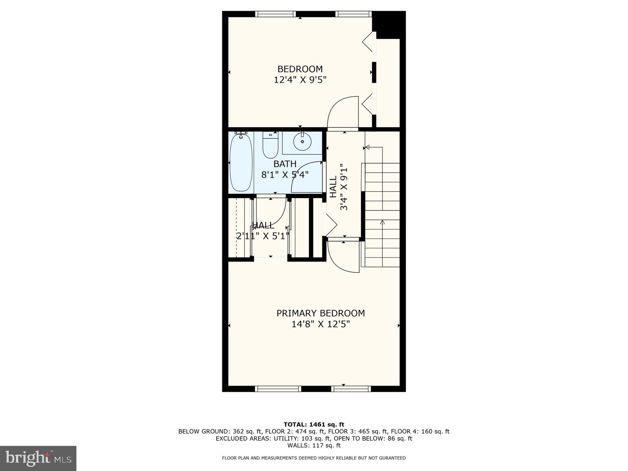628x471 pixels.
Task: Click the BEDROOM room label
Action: click(x=300, y=69)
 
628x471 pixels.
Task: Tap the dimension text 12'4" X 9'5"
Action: click(x=300, y=80)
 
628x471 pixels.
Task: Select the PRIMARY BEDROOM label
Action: click(x=320, y=313)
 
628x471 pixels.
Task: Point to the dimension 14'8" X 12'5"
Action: click(x=320, y=324)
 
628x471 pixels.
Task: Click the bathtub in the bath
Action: click(x=241, y=163)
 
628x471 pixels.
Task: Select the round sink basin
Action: click(x=302, y=142)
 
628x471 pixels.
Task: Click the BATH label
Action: click(x=285, y=164)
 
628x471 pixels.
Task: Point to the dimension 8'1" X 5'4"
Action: click(x=285, y=174)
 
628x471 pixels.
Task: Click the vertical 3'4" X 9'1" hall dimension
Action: click(x=344, y=187)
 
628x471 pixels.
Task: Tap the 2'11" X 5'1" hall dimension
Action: click(x=263, y=236)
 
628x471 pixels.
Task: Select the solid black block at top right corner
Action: click(x=390, y=24)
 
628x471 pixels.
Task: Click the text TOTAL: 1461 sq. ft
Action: click(x=314, y=424)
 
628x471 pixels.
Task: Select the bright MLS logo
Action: click(x=38, y=458)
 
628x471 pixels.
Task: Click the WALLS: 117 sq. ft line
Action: click(x=314, y=445)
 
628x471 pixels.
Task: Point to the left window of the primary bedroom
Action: click(x=278, y=389)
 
